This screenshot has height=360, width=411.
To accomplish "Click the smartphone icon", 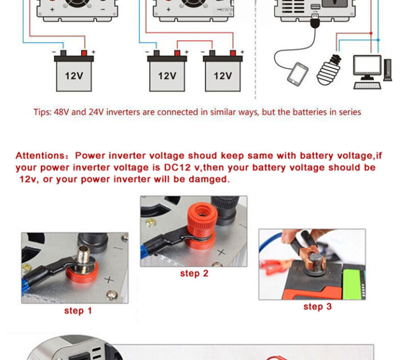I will click(x=297, y=74).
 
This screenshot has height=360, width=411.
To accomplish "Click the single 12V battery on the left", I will click(x=74, y=74).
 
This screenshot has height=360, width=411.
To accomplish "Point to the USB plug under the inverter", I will click(x=315, y=21).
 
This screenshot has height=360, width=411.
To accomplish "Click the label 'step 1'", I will click(x=78, y=311).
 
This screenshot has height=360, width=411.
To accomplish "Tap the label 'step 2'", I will click(x=194, y=273).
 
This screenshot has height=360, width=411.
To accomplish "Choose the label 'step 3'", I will click(x=317, y=307).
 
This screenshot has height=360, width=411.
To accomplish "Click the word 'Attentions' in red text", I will click(x=42, y=156).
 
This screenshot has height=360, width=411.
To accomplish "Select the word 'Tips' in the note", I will click(x=41, y=112).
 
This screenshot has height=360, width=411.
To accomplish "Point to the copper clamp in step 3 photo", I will click(x=311, y=257).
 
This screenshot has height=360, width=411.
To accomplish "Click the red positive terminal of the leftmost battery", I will click(x=86, y=54).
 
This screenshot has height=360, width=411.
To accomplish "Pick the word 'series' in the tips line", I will click(x=348, y=112).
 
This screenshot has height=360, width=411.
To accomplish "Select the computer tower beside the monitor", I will click(x=388, y=71).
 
